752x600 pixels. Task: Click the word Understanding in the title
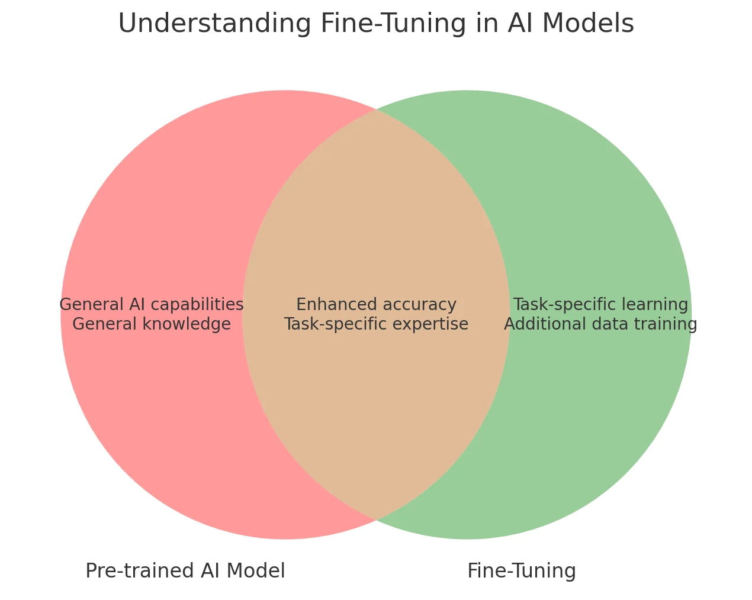(214, 24)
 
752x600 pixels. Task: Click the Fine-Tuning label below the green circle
(521, 571)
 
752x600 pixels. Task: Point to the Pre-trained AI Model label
(185, 571)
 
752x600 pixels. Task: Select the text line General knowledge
(152, 324)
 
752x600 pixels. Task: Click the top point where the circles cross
(376, 110)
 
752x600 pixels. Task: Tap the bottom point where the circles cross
(376, 520)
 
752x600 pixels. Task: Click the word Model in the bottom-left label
(258, 571)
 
